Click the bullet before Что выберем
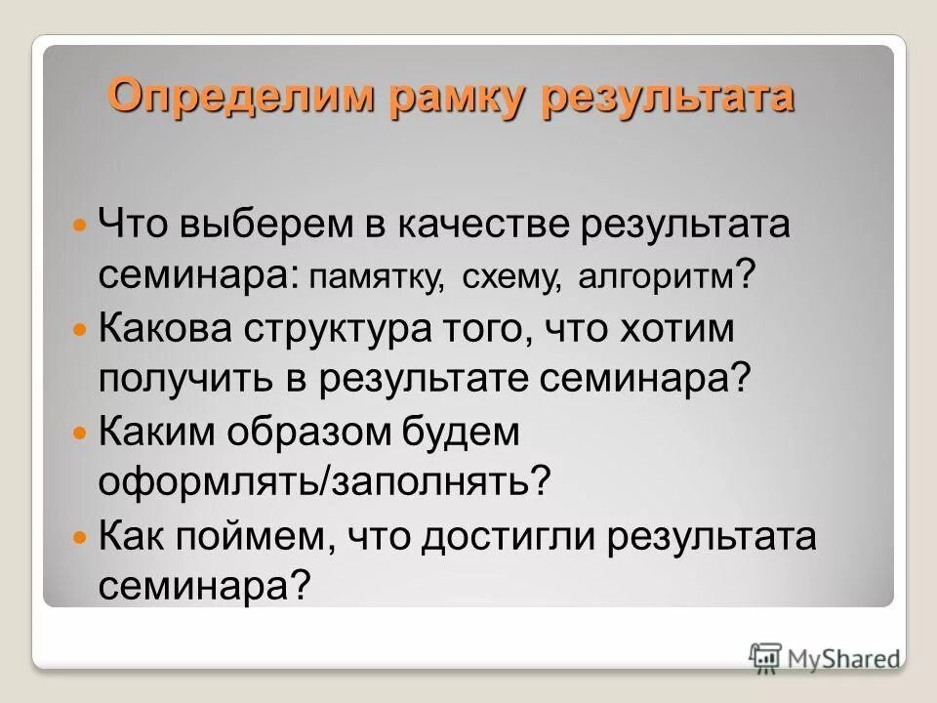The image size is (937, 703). click(x=81, y=226)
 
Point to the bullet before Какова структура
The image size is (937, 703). click(x=81, y=330)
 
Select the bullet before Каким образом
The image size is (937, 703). click(x=81, y=434)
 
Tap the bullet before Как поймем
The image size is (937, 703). click(x=81, y=539)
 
